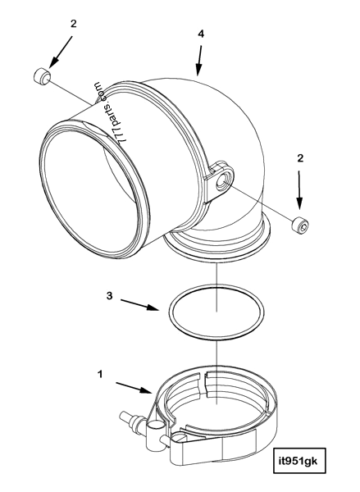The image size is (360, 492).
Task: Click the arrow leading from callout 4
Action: pyautogui.click(x=198, y=62)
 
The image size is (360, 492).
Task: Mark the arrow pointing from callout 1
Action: pyautogui.click(x=134, y=386)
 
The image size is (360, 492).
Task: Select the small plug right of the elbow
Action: pyautogui.click(x=300, y=224)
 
